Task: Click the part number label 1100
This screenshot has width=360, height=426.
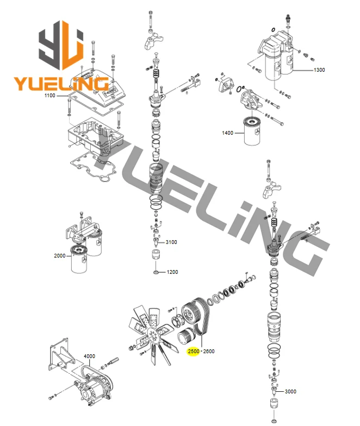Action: pyautogui.click(x=50, y=96)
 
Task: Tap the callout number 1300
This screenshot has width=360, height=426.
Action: pyautogui.click(x=319, y=70)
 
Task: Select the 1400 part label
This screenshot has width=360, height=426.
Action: pyautogui.click(x=227, y=133)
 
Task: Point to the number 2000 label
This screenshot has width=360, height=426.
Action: pyautogui.click(x=60, y=255)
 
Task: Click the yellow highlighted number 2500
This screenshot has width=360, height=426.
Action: pyautogui.click(x=194, y=351)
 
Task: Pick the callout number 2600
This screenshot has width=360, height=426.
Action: pyautogui.click(x=209, y=351)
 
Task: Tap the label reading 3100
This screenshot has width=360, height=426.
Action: pyautogui.click(x=171, y=242)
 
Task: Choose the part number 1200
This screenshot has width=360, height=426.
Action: pyautogui.click(x=172, y=272)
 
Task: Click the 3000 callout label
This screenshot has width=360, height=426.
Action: pyautogui.click(x=290, y=391)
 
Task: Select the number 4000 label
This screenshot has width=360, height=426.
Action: pyautogui.click(x=89, y=356)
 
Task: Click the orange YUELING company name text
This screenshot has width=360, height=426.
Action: pyautogui.click(x=61, y=84)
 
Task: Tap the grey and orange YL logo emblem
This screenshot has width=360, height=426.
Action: pyautogui.click(x=61, y=45)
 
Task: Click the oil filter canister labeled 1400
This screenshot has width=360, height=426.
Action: pyautogui.click(x=253, y=131)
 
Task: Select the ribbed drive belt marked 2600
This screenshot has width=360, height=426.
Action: pyautogui.click(x=201, y=316)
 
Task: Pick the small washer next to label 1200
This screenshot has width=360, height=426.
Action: pyautogui.click(x=156, y=272)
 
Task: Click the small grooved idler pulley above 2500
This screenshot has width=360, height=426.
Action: pyautogui.click(x=186, y=336)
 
